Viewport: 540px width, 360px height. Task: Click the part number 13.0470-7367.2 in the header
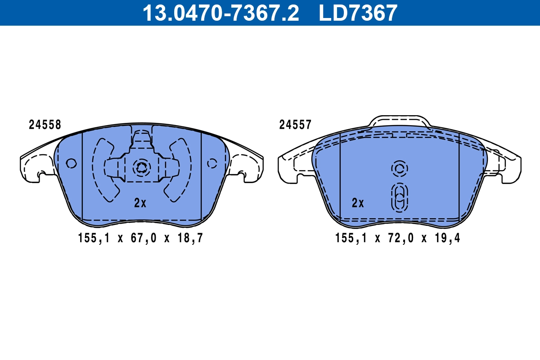pos(220,13)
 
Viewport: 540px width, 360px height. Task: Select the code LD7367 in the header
pos(358,13)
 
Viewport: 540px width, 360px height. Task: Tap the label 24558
pos(45,125)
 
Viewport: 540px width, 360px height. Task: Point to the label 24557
pos(295,125)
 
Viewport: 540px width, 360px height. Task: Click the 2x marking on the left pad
pos(140,203)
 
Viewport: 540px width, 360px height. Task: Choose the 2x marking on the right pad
pos(358,203)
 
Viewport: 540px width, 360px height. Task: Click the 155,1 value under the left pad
pos(94,238)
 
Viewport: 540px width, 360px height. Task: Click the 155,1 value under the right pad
pos(351,238)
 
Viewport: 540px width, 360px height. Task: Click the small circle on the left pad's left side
pos(71,163)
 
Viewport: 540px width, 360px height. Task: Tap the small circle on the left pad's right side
pos(212,163)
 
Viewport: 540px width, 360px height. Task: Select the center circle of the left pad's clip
pos(141,167)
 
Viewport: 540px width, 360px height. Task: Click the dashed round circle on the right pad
pos(399,169)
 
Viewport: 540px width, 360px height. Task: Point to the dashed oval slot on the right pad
pos(399,197)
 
